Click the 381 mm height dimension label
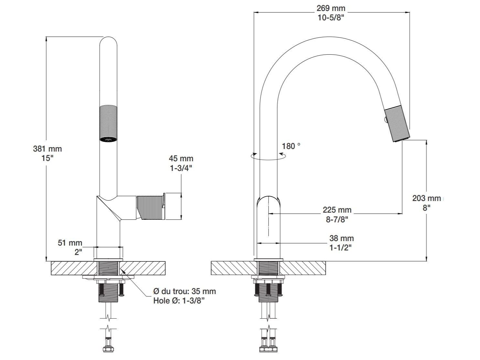click(x=47, y=149)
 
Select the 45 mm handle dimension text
click(x=181, y=159)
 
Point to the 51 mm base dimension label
click(x=70, y=243)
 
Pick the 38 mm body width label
click(x=341, y=238)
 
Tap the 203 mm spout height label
click(x=426, y=198)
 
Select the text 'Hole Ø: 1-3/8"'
click(x=179, y=301)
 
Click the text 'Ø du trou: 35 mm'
click(x=184, y=291)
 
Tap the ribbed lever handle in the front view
click(x=150, y=207)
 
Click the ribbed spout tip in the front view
click(x=108, y=123)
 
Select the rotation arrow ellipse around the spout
click(x=269, y=156)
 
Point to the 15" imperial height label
click(x=47, y=159)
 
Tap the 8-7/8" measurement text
click(x=337, y=219)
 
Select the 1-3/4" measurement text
click(x=181, y=168)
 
